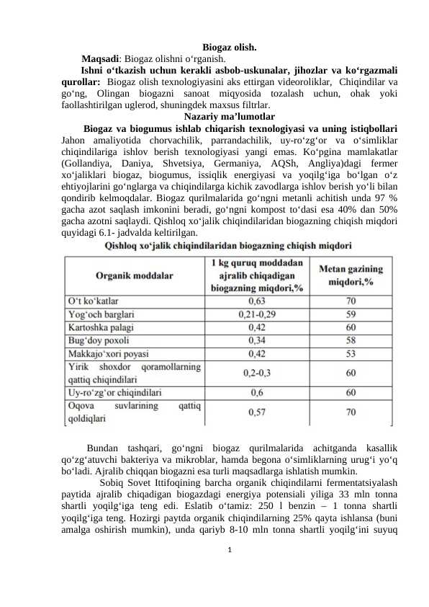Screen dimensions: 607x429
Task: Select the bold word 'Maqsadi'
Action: (100, 59)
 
